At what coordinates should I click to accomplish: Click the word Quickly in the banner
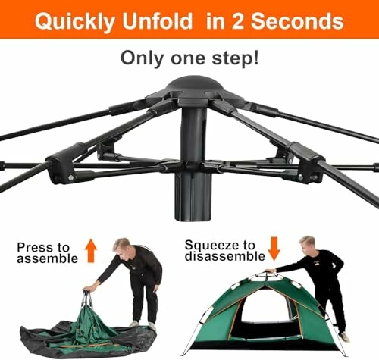click(75, 22)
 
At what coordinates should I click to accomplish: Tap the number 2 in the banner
click(238, 21)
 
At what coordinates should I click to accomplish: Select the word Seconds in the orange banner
click(297, 21)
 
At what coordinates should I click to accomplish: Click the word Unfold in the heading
click(158, 21)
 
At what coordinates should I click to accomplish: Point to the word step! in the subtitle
click(236, 58)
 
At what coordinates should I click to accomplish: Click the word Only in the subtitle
click(143, 58)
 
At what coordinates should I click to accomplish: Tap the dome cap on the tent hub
click(195, 86)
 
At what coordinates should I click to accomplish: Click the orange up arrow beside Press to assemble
click(91, 251)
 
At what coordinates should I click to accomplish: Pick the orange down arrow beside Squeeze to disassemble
click(274, 249)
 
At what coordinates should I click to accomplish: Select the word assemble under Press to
click(47, 258)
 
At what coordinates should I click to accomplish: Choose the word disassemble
click(225, 256)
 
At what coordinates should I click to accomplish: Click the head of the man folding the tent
click(123, 248)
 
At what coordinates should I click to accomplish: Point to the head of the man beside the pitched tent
click(308, 244)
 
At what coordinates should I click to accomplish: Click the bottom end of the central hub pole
click(193, 219)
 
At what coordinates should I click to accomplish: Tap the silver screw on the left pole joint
click(70, 178)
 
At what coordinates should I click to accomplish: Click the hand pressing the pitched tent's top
click(271, 271)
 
